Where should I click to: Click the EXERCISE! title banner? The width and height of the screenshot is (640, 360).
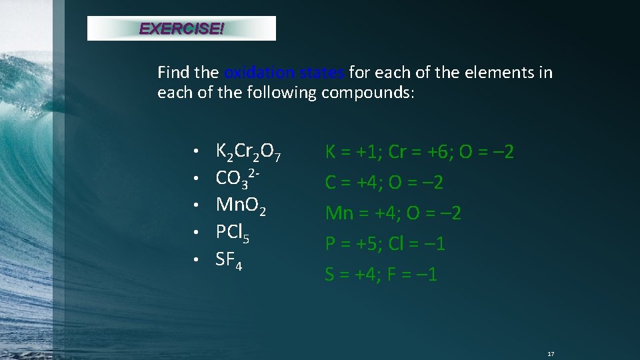pyautogui.click(x=181, y=29)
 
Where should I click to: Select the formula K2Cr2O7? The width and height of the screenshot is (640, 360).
pyautogui.click(x=249, y=153)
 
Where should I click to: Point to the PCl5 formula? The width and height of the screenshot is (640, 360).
pyautogui.click(x=233, y=233)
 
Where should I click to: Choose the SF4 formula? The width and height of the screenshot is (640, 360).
pyautogui.click(x=229, y=261)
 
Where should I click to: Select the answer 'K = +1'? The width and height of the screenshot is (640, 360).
pyautogui.click(x=351, y=152)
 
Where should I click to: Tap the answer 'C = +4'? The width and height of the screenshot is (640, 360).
pyautogui.click(x=350, y=183)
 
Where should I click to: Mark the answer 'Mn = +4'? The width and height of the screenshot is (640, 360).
pyautogui.click(x=359, y=213)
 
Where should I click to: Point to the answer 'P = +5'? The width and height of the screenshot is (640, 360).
pyautogui.click(x=350, y=244)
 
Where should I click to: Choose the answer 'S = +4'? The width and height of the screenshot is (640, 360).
pyautogui.click(x=350, y=275)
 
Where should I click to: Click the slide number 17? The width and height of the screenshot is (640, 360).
pyautogui.click(x=551, y=353)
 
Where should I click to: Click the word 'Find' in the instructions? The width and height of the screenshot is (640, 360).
pyautogui.click(x=173, y=72)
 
